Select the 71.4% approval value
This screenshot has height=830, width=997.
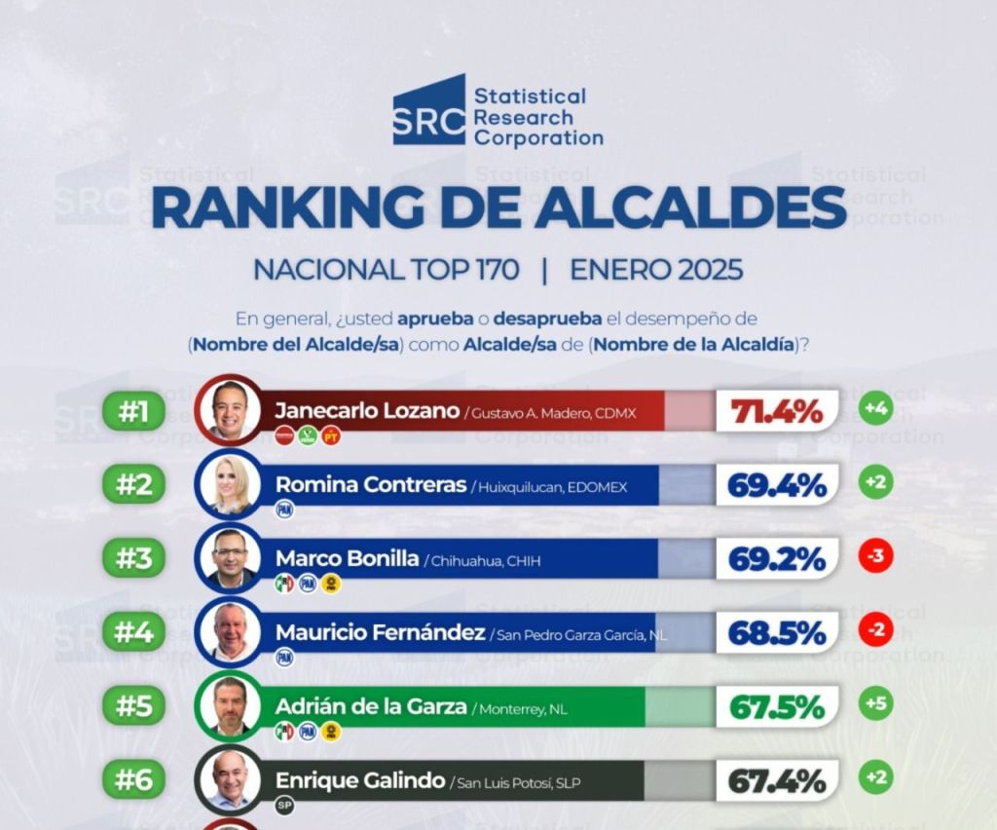[777, 411]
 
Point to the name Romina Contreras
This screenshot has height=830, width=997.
[370, 484]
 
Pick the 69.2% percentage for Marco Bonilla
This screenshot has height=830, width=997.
[777, 559]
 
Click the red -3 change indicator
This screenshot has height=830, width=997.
[876, 558]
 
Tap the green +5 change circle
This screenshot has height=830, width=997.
[876, 704]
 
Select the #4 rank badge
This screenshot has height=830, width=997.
[132, 632]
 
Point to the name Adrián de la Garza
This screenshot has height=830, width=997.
[370, 706]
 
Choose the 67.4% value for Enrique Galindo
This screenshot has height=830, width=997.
[777, 780]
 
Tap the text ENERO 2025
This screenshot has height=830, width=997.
[656, 270]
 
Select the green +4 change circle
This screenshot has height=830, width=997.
[876, 408]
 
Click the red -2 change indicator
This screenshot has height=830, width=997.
[876, 631]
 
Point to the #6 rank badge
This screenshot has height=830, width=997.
[132, 779]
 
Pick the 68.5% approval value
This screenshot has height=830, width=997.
[777, 633]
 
